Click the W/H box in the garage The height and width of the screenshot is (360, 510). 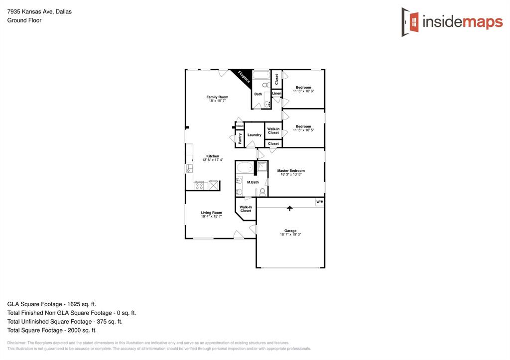tap(319, 202)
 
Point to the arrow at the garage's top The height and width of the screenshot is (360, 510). tap(290, 208)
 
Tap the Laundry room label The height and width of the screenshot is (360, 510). tap(254, 135)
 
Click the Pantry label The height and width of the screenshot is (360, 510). tap(240, 138)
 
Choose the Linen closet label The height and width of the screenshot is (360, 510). tap(276, 93)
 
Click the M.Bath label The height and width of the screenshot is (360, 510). tap(253, 182)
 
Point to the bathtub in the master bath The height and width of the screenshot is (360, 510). tap(245, 167)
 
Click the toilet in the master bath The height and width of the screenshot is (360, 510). tap(262, 192)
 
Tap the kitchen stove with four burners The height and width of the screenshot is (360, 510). tap(199, 185)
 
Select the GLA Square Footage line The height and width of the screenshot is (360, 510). tap(52, 304)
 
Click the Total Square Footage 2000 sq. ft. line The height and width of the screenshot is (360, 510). tap(52, 330)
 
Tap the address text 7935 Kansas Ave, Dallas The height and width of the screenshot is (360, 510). tap(39, 11)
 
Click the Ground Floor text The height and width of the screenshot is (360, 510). tap(24, 20)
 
